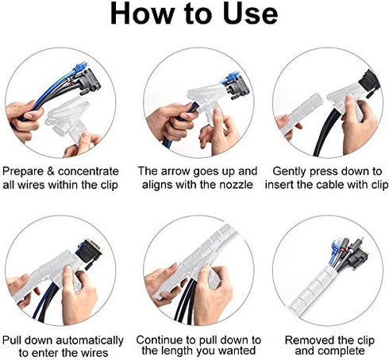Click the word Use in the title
pyautogui.click(x=250, y=13)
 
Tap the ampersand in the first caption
pyautogui.click(x=50, y=171)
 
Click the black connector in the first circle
pyautogui.click(x=89, y=81)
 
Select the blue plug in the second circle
pyautogui.click(x=231, y=78)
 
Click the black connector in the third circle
pyautogui.click(x=369, y=81)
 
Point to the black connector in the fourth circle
pyautogui.click(x=89, y=252)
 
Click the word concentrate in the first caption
pyautogui.click(x=88, y=172)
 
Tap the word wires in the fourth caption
pyautogui.click(x=94, y=353)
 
